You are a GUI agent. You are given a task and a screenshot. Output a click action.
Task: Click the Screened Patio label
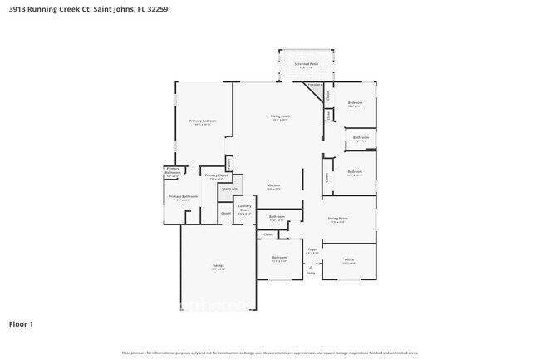click(x=302, y=63)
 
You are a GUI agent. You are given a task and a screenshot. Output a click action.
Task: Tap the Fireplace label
click(x=315, y=85)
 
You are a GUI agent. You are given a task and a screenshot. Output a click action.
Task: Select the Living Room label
click(x=280, y=116)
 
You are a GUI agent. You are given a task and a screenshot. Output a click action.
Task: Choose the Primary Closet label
click(x=216, y=175)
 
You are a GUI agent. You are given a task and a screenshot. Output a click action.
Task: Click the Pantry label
click(x=229, y=162)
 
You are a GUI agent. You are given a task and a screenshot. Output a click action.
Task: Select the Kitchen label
click(x=274, y=185)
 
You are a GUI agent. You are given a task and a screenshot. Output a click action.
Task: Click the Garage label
click(x=218, y=265)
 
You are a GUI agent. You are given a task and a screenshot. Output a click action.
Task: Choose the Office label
click(x=349, y=259)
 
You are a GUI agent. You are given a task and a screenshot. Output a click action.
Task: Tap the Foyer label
click(x=312, y=249)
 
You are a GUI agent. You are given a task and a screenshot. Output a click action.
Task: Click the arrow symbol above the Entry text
click(x=311, y=265)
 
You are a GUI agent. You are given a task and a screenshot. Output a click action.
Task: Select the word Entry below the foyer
click(x=311, y=273)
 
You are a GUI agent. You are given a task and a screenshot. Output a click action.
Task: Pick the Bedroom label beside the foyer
click(x=279, y=258)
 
